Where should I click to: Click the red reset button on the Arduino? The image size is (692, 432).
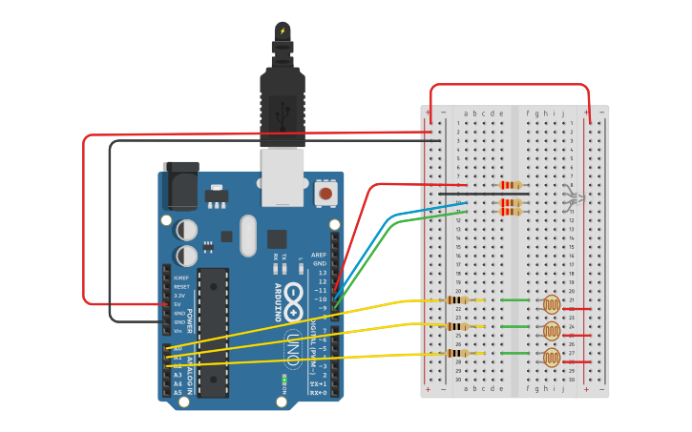pos(325,194)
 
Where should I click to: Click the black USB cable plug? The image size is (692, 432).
pos(283,95)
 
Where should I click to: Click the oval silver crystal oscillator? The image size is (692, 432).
pos(248,235)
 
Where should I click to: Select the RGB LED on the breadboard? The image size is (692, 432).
pos(571,197)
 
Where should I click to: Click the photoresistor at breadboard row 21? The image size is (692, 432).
pos(552,304)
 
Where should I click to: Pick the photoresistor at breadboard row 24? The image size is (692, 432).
pos(552,331)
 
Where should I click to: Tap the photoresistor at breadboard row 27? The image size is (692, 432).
pos(552,358)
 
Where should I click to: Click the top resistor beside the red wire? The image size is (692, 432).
pos(512,185)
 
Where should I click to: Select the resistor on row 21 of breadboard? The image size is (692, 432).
pos(457,300)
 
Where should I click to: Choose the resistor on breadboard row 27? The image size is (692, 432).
pos(457,353)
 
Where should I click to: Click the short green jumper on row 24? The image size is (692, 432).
pos(515,327)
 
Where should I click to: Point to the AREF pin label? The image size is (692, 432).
pos(319,255)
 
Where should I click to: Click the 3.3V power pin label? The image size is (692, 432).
pos(179,296)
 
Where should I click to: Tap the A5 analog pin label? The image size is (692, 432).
pos(178,393)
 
